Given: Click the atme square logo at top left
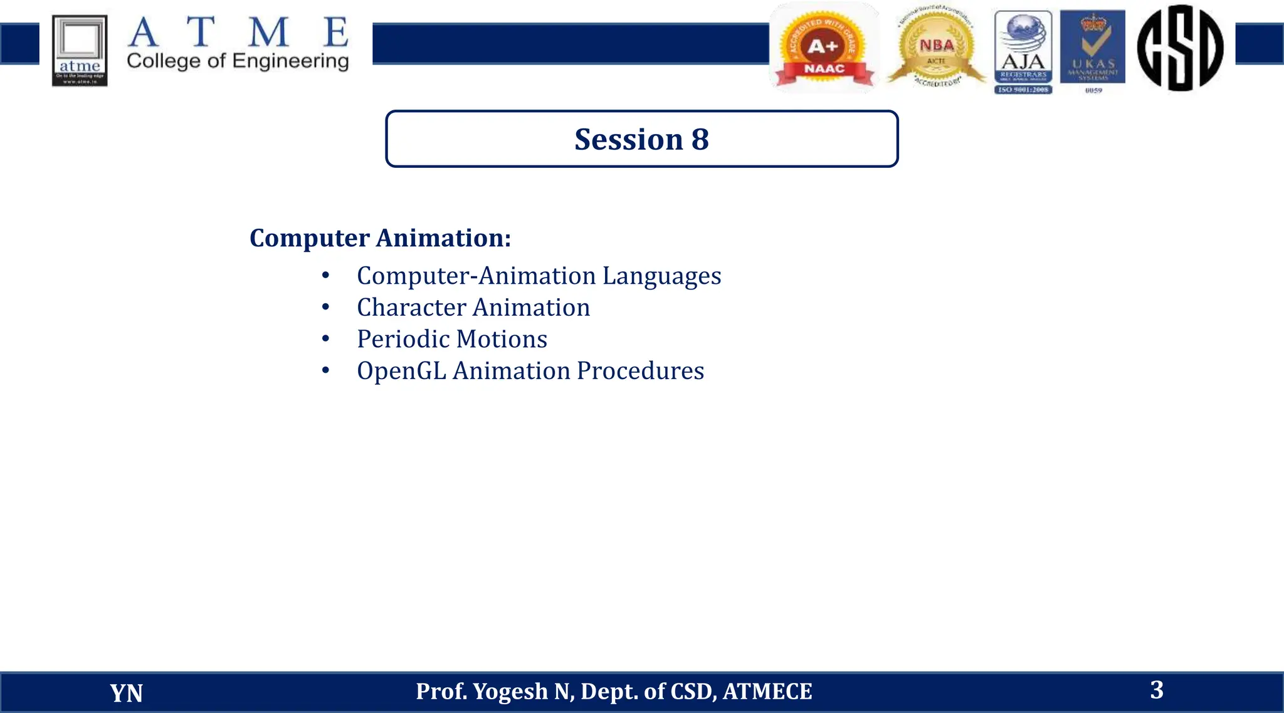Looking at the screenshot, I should click(x=80, y=50).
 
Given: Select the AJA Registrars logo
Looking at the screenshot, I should click(x=1023, y=51).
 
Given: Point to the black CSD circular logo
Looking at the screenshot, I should click(x=1180, y=48).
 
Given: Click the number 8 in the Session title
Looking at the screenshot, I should click(x=700, y=139).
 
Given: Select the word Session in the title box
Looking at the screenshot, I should click(x=628, y=139).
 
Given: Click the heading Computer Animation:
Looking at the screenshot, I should click(x=380, y=238).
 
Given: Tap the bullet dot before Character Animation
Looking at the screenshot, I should click(x=325, y=307).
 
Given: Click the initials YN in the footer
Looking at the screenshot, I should click(x=126, y=693).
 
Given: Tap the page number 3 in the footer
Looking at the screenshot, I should click(x=1157, y=690).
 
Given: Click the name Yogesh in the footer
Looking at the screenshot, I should click(x=510, y=692).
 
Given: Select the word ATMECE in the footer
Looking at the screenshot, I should click(x=767, y=692).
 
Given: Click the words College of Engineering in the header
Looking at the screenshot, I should click(x=238, y=61).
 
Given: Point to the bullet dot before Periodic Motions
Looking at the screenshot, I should click(x=325, y=339).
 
